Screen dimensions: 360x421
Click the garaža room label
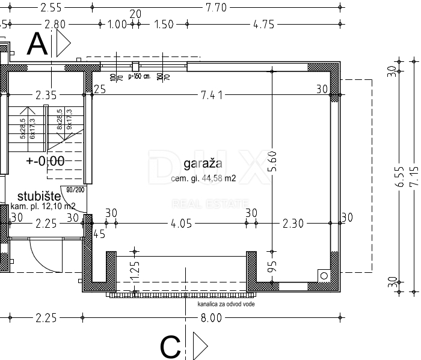[x=203, y=163]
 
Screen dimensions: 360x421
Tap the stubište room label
[x=38, y=196]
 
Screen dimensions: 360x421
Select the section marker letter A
[x=38, y=44]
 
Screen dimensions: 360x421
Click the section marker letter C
[x=171, y=347]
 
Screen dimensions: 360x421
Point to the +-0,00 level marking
[x=45, y=160]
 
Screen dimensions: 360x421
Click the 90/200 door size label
[x=75, y=190]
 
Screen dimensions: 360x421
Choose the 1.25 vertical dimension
[x=135, y=268]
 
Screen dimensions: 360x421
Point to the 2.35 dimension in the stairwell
[x=46, y=94]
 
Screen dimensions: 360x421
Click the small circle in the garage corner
[x=325, y=275]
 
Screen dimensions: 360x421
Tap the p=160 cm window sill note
[x=138, y=77]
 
